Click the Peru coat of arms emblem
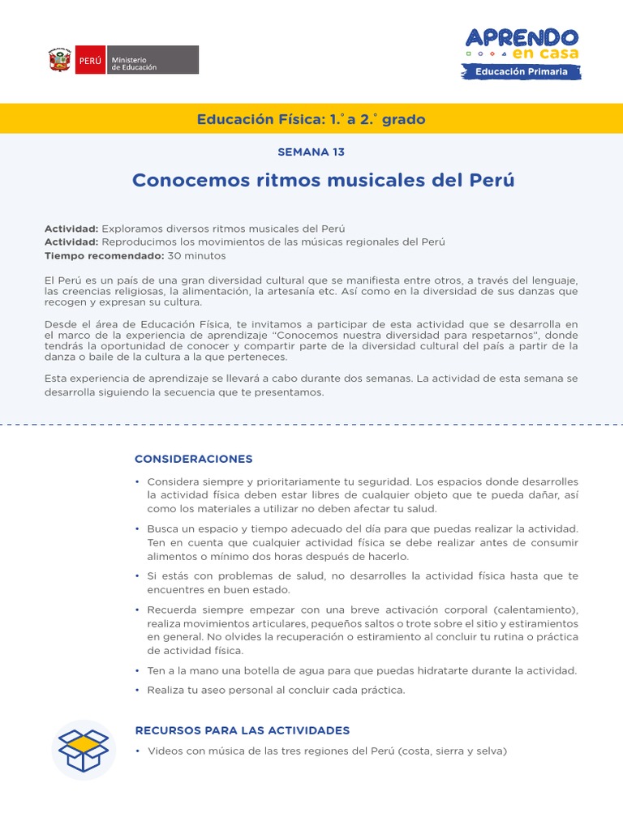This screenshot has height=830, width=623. (59, 61)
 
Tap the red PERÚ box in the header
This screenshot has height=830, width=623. (89, 61)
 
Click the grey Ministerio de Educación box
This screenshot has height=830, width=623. (152, 61)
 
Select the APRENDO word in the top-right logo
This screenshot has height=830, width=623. (522, 37)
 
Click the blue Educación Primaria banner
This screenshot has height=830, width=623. (522, 72)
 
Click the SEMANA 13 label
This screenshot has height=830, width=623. (311, 152)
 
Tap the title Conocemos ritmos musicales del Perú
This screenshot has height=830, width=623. (323, 179)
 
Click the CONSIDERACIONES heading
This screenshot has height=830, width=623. (194, 459)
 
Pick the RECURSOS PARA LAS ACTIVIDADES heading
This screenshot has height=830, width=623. (243, 730)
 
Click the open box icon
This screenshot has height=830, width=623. (84, 750)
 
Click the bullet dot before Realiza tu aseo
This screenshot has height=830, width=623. (137, 691)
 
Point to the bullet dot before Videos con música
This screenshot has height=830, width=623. (137, 751)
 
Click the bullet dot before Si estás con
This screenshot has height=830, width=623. (137, 575)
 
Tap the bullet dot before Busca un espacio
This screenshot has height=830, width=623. (137, 528)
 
